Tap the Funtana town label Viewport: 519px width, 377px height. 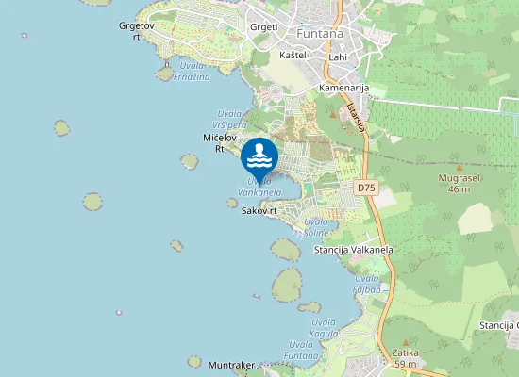320,34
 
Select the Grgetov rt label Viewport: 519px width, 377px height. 136,31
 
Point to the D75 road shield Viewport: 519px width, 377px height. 366,188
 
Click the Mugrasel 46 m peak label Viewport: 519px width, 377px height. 459,183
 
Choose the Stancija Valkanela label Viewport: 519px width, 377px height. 353,250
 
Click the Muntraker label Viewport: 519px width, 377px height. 232,364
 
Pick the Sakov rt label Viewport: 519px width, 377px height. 259,211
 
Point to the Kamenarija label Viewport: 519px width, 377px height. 343,87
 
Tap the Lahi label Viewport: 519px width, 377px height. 337,57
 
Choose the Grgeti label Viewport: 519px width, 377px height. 263,27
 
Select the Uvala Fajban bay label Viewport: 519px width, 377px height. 367,284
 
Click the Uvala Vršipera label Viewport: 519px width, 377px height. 231,120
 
